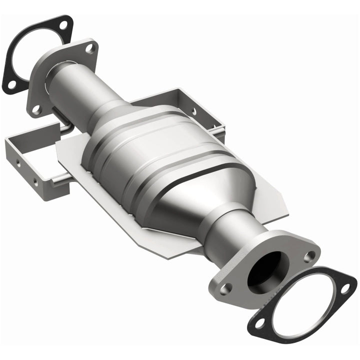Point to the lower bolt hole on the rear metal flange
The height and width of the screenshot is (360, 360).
[36, 108]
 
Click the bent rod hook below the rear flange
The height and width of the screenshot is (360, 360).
[62, 125]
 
